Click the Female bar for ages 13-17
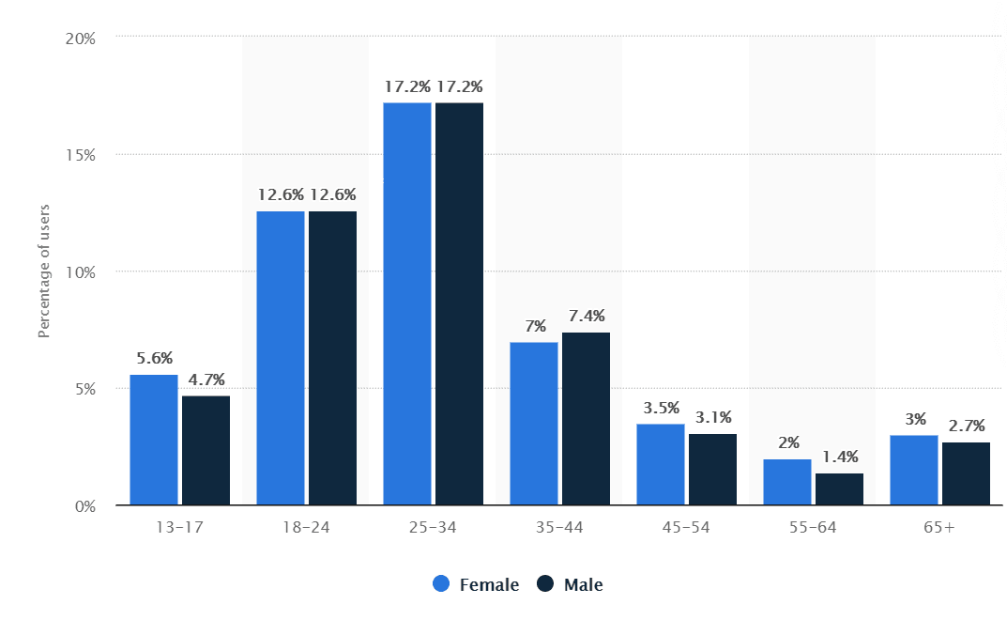pyautogui.click(x=154, y=440)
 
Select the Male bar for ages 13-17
pyautogui.click(x=206, y=450)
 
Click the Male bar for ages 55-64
pyautogui.click(x=839, y=488)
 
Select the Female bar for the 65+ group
pyautogui.click(x=914, y=470)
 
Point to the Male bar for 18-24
pyautogui.click(x=332, y=358)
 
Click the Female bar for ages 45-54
pyautogui.click(x=661, y=464)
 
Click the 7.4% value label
pyautogui.click(x=586, y=316)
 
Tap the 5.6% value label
pyautogui.click(x=154, y=358)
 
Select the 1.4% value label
pyautogui.click(x=839, y=457)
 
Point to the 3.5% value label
pyautogui.click(x=661, y=408)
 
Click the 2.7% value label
pyautogui.click(x=966, y=426)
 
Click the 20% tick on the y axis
pyautogui.click(x=81, y=39)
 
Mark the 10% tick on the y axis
pyautogui.click(x=81, y=272)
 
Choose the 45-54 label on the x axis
pyautogui.click(x=686, y=528)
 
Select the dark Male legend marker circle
pyautogui.click(x=546, y=584)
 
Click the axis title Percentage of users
pyautogui.click(x=43, y=271)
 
